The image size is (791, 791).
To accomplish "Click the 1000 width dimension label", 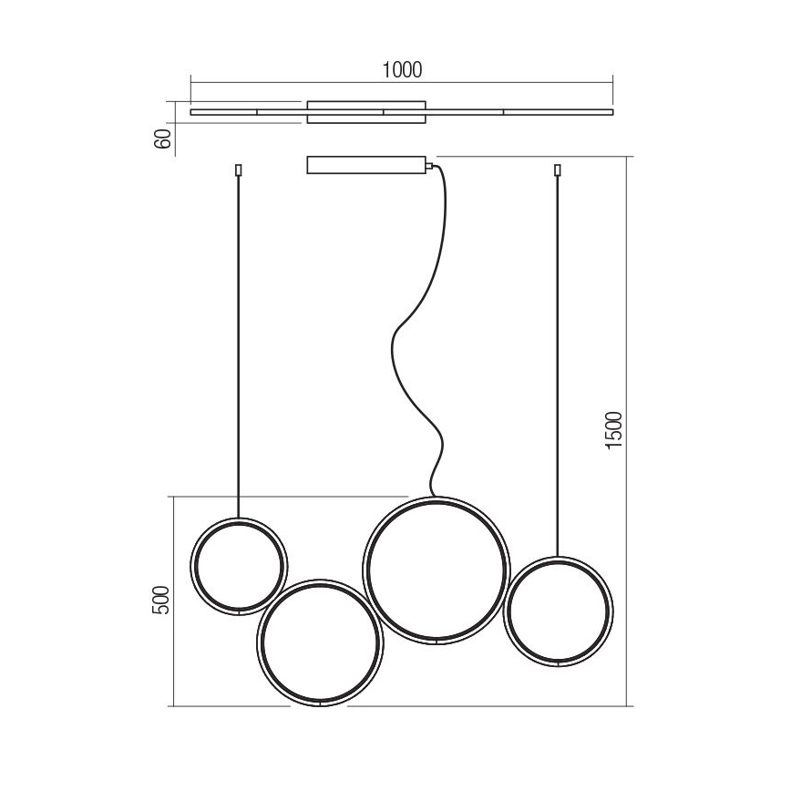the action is (x=402, y=70).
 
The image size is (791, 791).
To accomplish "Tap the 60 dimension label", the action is (x=162, y=139).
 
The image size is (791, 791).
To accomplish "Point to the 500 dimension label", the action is (x=161, y=600).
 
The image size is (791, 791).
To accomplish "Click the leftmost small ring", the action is (x=190, y=567).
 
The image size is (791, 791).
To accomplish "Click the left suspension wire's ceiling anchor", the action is (x=239, y=170).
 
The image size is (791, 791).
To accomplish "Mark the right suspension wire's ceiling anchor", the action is (x=558, y=170).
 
